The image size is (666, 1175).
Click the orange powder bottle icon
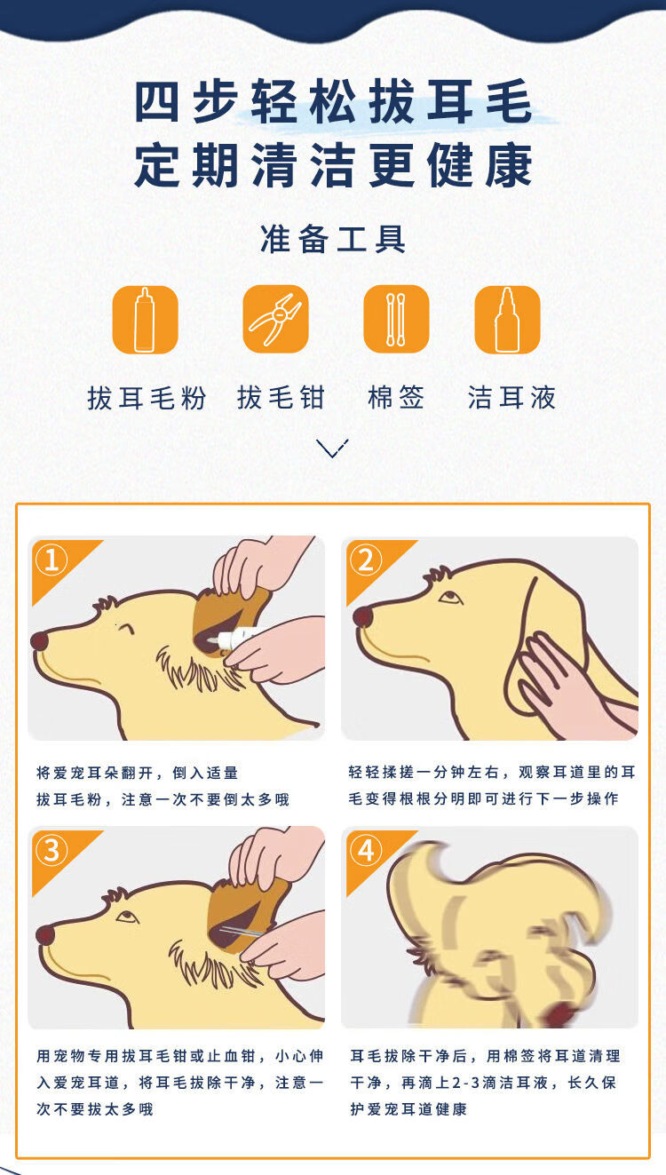(x=146, y=320)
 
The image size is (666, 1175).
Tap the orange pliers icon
(x=276, y=319)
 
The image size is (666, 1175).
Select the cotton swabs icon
(x=396, y=319)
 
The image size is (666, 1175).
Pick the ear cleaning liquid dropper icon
(x=507, y=320)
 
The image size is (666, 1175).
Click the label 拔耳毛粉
(x=147, y=398)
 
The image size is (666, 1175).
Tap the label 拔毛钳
(x=281, y=397)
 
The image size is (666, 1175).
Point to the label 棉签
(x=396, y=397)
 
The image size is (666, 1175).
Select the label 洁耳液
(x=511, y=397)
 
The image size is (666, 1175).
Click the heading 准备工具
(x=333, y=239)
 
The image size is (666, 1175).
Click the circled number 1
(x=52, y=560)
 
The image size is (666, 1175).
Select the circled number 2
(x=366, y=560)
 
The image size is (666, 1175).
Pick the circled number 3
(x=52, y=850)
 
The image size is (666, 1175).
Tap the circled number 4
(x=366, y=850)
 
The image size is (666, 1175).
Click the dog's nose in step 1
(x=40, y=640)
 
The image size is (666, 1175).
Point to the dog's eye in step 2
(x=450, y=598)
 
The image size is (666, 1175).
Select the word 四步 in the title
(x=187, y=101)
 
